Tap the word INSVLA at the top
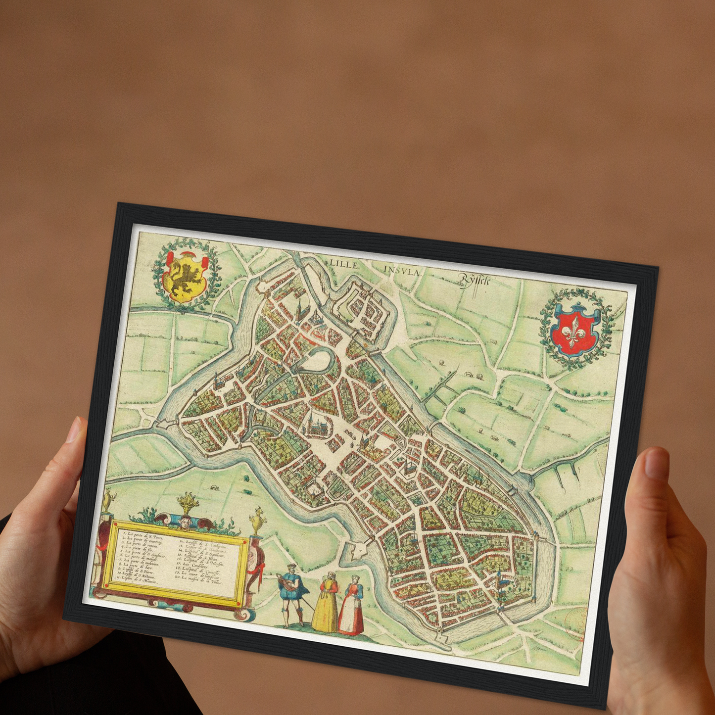(401, 271)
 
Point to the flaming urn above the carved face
(189, 503)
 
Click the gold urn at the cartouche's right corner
(257, 521)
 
